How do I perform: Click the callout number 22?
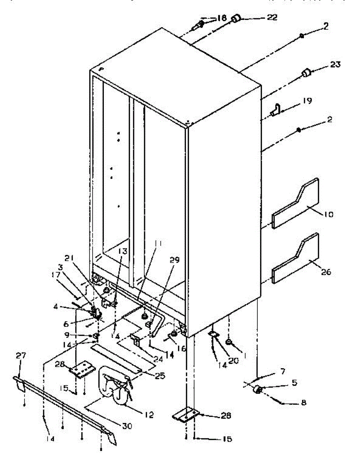click(x=271, y=18)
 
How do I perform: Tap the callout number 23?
click(x=334, y=64)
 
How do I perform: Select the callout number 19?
click(x=307, y=101)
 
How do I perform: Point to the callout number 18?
click(x=221, y=18)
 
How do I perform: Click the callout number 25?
click(x=159, y=376)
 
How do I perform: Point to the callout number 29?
click(x=175, y=261)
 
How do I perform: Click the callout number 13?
click(x=123, y=251)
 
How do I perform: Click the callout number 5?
click(x=294, y=383)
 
